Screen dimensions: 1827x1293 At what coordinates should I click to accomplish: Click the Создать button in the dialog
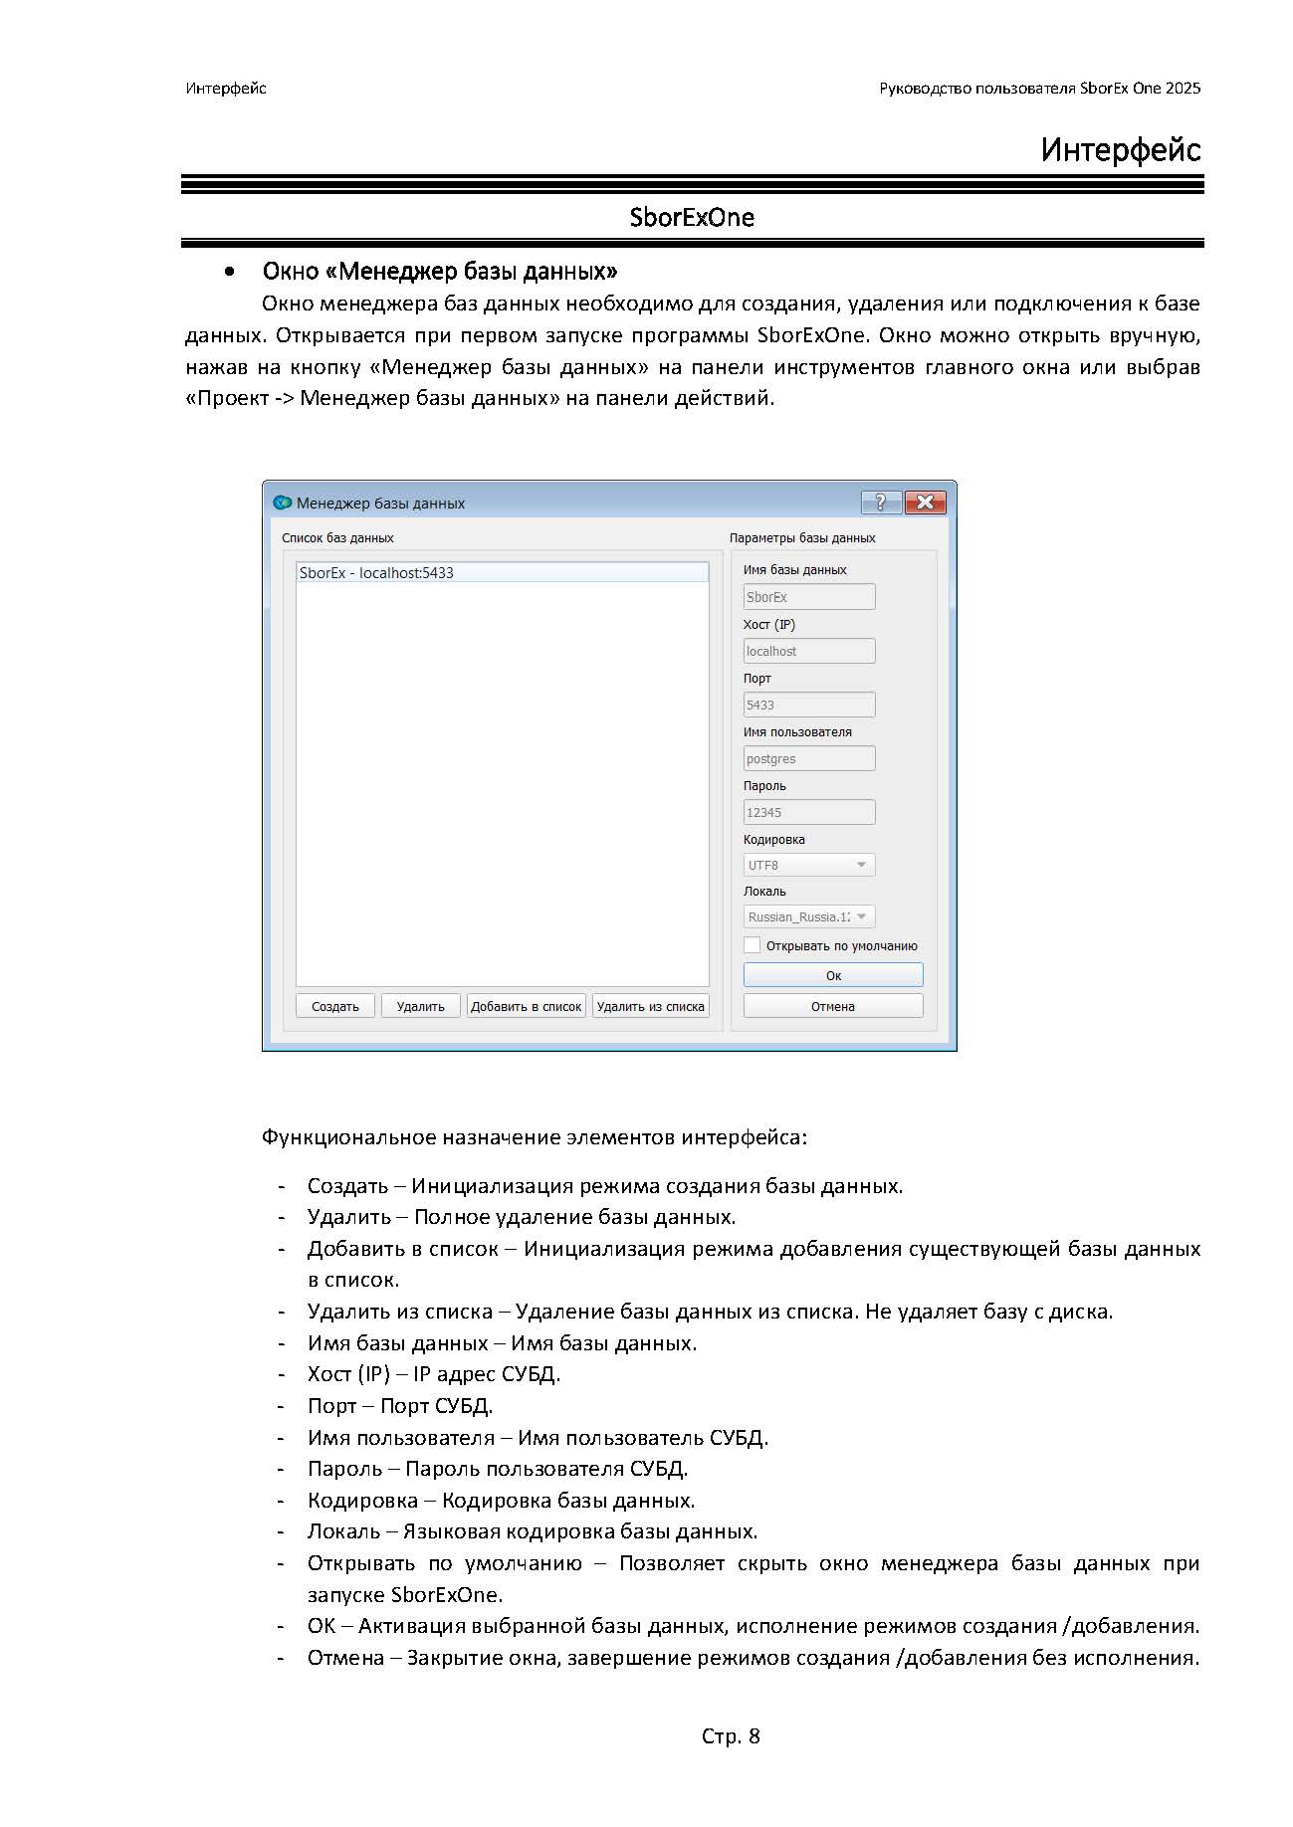(334, 1006)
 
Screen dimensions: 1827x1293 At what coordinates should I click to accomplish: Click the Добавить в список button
(526, 1006)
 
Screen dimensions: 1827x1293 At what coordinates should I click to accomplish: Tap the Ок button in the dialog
(833, 975)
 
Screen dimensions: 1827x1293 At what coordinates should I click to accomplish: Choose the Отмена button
(833, 1006)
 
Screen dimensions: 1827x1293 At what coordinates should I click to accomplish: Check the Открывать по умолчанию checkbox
(753, 945)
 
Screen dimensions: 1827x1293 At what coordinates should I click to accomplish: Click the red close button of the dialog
(925, 503)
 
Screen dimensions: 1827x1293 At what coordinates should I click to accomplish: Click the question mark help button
(881, 503)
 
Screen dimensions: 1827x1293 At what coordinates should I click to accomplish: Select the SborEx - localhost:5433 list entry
(502, 573)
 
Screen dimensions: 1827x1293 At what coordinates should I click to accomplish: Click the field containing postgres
(809, 758)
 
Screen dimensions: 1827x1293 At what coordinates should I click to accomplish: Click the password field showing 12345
(809, 812)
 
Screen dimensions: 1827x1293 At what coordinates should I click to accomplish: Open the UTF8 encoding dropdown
(809, 865)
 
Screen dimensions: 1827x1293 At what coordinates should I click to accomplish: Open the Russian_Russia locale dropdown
(809, 916)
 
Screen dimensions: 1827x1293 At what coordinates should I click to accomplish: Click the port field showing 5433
(809, 705)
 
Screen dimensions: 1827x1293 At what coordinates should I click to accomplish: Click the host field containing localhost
(809, 651)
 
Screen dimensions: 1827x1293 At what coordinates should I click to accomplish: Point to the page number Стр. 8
(731, 1736)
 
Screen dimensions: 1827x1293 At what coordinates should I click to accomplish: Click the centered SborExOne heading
(692, 218)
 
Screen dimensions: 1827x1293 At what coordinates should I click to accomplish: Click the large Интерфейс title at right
(1121, 150)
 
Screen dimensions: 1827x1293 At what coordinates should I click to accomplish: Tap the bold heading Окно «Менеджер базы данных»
(439, 271)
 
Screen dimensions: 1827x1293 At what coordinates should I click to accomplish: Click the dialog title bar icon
(282, 503)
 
